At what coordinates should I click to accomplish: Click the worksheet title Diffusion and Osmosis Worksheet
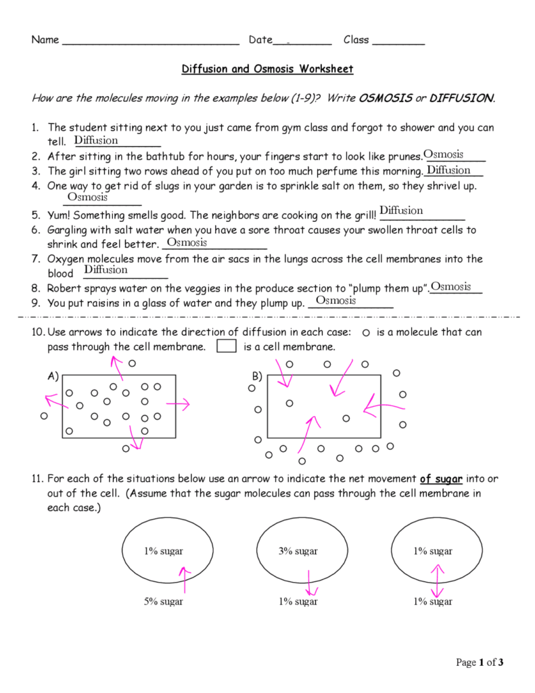[x=267, y=69]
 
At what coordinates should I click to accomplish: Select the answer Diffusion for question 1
[x=96, y=141]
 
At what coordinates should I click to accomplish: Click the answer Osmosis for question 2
[x=443, y=155]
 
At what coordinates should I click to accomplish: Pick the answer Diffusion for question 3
[x=448, y=170]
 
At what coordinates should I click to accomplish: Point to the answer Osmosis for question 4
[x=87, y=197]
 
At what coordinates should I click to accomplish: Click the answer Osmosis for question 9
[x=335, y=300]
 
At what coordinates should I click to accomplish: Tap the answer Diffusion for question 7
[x=106, y=270]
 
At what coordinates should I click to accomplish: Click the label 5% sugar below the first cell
[x=162, y=602]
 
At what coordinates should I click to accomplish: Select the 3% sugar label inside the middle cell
[x=298, y=551]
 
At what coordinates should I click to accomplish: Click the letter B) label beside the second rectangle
[x=257, y=376]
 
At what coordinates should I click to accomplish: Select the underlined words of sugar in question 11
[x=441, y=479]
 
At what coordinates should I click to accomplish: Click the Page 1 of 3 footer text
[x=480, y=662]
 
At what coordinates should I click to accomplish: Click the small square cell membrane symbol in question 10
[x=226, y=346]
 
